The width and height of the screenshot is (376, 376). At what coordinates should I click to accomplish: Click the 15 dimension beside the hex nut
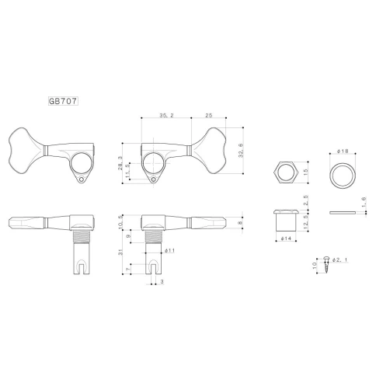click(x=306, y=172)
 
